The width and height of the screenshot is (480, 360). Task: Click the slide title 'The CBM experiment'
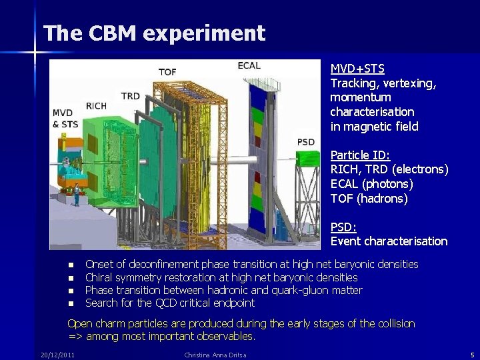(154, 33)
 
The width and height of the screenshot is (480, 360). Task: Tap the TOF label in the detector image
(167, 72)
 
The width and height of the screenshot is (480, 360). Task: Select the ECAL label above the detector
(249, 65)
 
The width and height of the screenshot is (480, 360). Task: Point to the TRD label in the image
(131, 96)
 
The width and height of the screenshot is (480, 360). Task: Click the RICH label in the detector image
(96, 106)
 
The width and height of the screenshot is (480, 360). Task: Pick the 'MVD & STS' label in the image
(65, 118)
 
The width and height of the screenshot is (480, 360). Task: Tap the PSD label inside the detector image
(306, 142)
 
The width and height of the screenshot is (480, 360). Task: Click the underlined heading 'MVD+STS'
(357, 69)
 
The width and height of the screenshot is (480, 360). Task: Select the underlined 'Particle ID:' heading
(361, 155)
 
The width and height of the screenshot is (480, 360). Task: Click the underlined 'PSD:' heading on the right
(344, 227)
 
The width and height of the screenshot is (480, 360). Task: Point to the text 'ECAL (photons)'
(371, 184)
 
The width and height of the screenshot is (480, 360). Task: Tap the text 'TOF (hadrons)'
(369, 199)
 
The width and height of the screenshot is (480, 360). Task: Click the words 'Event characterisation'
(389, 241)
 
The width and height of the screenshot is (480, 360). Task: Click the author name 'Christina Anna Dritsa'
(215, 355)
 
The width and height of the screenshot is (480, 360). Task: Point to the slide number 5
(472, 355)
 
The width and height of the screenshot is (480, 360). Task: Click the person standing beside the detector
(77, 194)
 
